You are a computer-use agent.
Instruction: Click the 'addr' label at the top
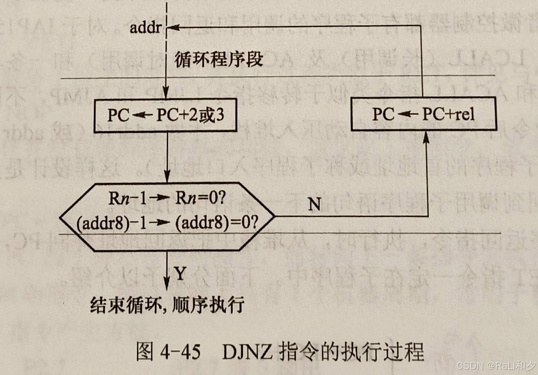146,28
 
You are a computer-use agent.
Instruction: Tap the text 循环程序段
218,60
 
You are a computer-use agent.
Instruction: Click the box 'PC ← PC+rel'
423,114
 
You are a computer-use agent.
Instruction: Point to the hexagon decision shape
167,216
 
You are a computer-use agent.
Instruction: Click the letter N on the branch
314,204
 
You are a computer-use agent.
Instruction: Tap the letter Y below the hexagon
181,274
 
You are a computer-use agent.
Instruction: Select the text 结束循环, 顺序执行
167,304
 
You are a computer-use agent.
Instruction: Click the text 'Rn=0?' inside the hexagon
201,199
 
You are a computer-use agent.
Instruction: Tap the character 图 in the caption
145,351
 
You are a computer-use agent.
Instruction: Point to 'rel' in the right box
464,114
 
